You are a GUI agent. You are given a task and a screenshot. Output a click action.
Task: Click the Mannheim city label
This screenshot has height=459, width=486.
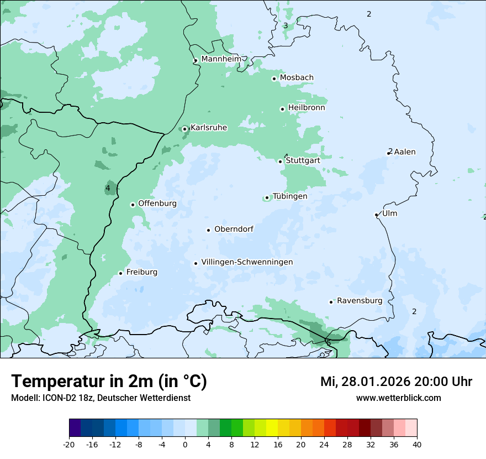pos(221,59)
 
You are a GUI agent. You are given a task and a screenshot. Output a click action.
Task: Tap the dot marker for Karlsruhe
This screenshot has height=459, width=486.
pos(185,129)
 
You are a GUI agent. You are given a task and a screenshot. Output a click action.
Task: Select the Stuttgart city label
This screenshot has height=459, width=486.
pos(303,160)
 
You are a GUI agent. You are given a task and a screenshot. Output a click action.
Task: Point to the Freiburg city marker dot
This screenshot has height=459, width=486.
pos(120,273)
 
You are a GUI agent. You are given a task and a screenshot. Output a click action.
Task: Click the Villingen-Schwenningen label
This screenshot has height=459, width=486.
pos(247,262)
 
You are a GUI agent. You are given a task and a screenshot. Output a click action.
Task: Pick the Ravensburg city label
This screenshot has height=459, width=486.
pos(360,301)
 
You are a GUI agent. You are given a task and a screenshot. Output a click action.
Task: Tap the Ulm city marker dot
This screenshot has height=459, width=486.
pos(376,215)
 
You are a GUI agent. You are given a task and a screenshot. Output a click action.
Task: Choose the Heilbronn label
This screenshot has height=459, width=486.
pos(307,108)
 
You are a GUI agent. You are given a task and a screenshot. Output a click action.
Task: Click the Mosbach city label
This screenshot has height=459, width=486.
pos(297,78)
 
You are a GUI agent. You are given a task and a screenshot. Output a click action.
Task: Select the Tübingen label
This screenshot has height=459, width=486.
pos(290,196)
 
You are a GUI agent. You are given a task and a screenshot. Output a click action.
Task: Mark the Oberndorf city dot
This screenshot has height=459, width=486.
pos(208,230)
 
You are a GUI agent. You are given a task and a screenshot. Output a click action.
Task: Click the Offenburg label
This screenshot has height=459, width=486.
pos(157,204)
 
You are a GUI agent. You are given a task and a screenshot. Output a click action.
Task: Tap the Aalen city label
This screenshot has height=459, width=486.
pos(405,152)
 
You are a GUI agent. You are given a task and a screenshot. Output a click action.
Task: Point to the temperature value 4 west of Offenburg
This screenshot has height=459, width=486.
pos(108,189)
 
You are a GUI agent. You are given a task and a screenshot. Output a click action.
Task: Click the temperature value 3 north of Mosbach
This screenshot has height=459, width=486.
pos(286,25)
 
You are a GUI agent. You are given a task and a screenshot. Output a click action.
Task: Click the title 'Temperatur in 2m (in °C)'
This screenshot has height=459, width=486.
pos(109,381)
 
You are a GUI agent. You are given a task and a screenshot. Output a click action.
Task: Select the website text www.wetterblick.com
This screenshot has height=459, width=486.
pos(398,398)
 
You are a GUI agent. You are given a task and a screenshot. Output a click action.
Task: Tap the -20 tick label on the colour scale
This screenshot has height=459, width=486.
pos(69,444)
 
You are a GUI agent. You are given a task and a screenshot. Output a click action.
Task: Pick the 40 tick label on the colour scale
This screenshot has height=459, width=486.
pos(416,444)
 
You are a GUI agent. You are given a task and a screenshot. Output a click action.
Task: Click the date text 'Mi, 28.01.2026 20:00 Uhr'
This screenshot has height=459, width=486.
pos(396,382)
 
